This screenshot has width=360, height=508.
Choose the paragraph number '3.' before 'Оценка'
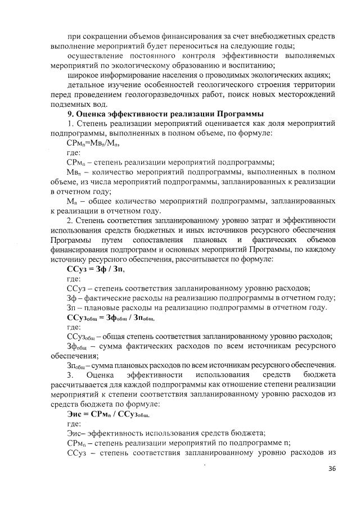pyautogui.click(x=70, y=374)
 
